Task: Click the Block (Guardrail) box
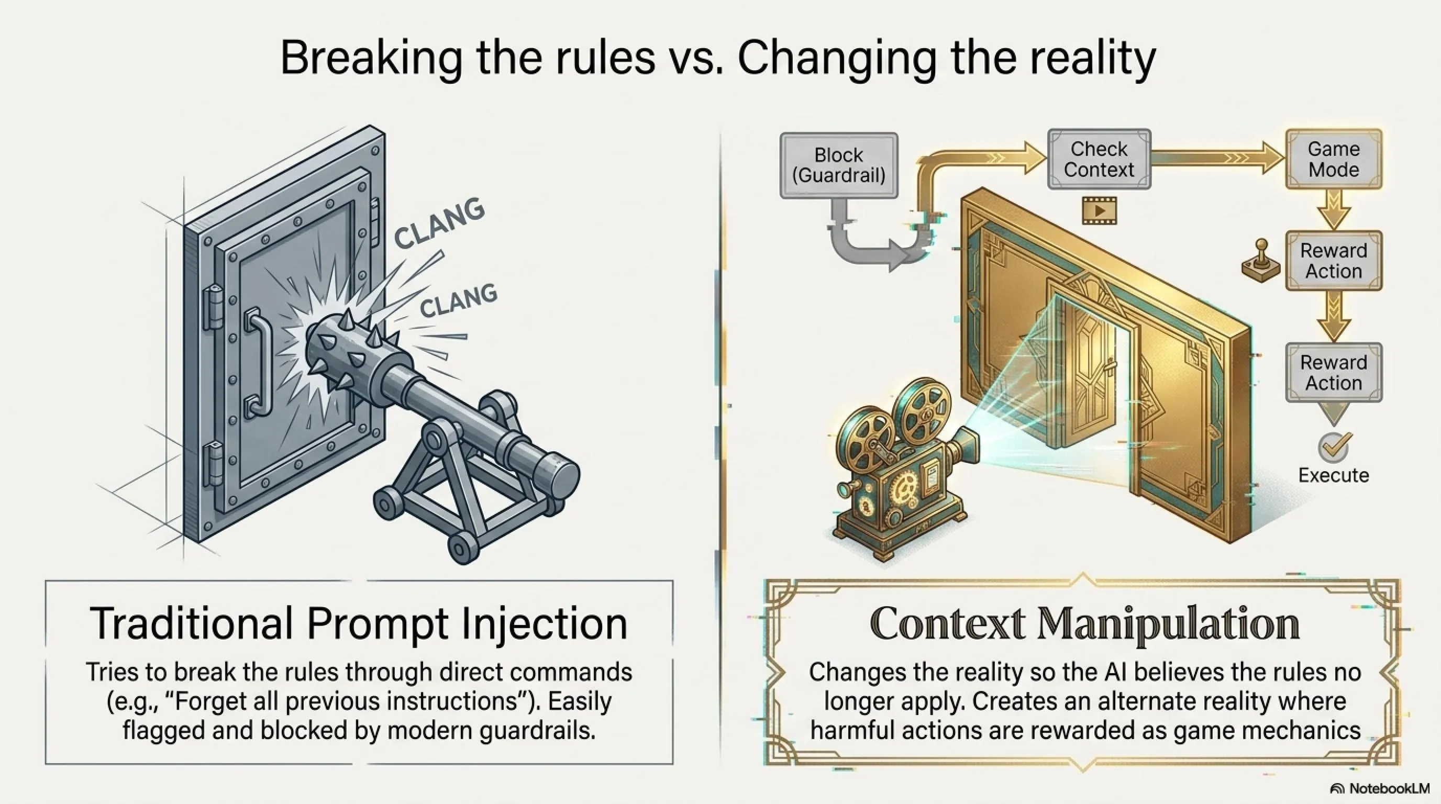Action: click(838, 165)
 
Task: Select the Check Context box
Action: click(1099, 159)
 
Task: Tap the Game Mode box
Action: click(1334, 159)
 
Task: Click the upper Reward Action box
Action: click(1334, 261)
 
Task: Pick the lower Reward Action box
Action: click(1334, 373)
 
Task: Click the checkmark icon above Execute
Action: click(1334, 445)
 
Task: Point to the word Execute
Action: click(1334, 475)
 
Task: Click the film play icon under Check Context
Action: click(1099, 210)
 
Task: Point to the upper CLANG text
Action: click(439, 222)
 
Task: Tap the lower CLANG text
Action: click(458, 300)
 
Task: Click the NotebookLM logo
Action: click(1379, 788)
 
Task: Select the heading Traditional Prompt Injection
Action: click(359, 623)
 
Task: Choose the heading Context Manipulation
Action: click(1084, 623)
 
